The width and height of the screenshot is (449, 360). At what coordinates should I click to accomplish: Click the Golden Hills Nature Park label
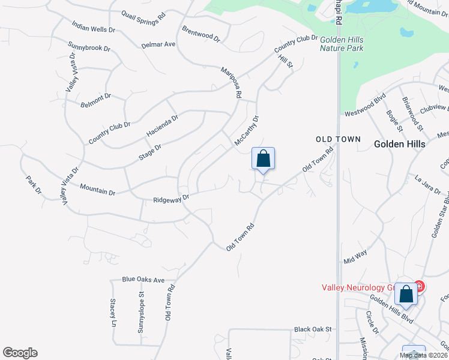pos(342,43)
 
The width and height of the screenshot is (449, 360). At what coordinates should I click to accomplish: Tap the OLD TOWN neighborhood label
pos(339,139)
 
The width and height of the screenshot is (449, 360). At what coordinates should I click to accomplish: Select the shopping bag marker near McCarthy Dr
pos(263,160)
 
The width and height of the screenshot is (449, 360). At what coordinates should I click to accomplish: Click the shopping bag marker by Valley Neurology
pos(406,295)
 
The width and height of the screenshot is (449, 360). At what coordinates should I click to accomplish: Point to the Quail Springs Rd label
pos(143,17)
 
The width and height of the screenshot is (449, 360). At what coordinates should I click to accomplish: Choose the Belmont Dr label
pos(96,100)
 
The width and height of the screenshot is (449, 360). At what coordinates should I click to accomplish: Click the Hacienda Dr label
pos(163,126)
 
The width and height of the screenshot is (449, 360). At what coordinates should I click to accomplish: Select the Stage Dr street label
pos(150,151)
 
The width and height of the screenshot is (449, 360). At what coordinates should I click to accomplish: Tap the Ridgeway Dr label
pos(171,198)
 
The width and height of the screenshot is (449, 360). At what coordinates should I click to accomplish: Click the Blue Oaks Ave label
pos(143,280)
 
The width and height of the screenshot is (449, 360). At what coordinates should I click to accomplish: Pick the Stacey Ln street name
pos(112,313)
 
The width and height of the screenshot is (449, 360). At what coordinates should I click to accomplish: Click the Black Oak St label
pos(313,329)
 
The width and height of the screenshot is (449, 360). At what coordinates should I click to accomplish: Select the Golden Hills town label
pos(399,144)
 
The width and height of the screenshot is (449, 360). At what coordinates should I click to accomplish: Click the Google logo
pos(20,353)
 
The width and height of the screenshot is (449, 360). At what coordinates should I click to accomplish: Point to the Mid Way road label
pos(355,257)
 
